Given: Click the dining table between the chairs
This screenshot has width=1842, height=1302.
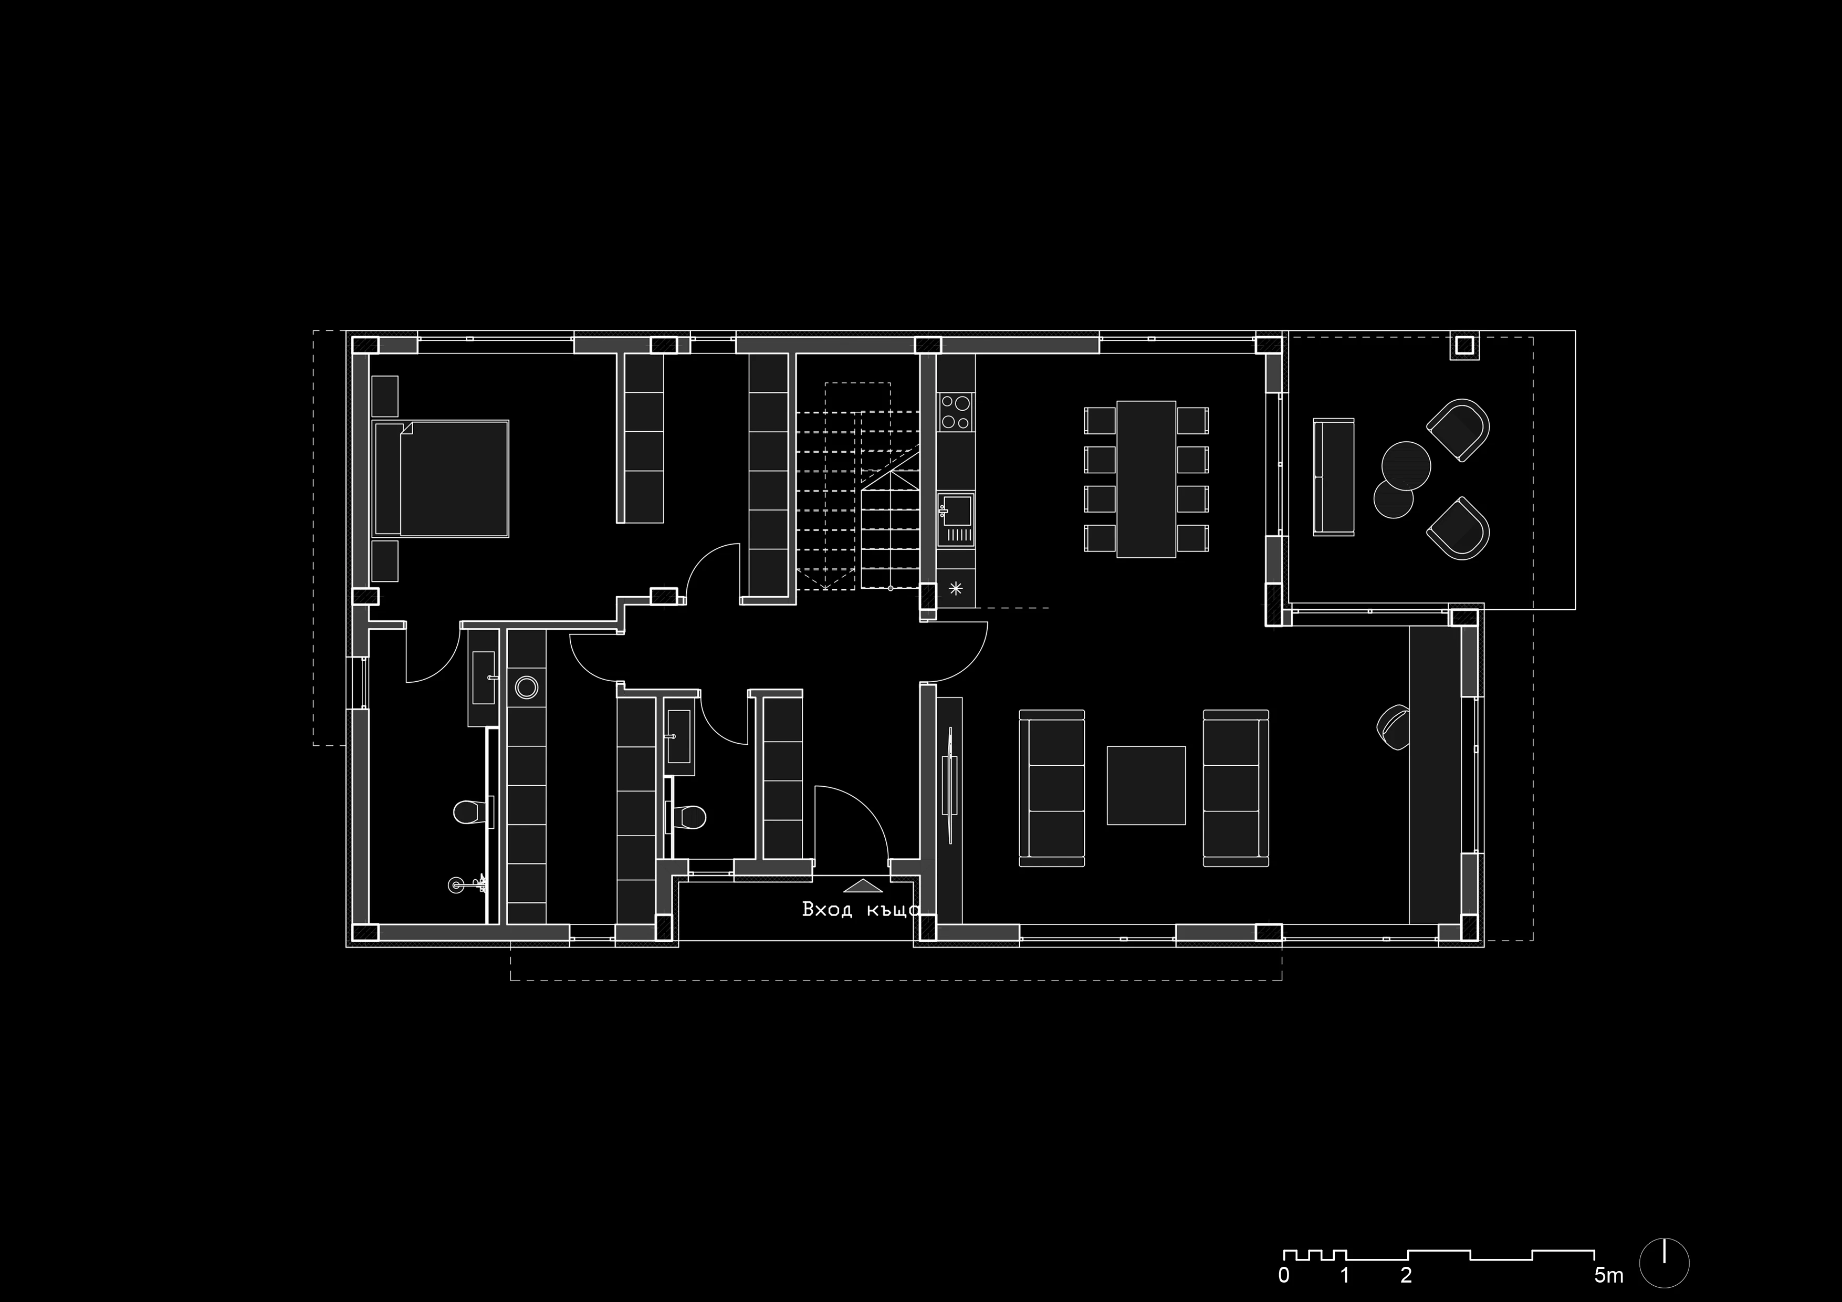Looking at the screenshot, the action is click(1146, 479).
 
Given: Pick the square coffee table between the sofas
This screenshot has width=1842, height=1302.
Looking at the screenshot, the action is click(1146, 785).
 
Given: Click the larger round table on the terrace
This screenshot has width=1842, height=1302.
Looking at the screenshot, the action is click(1406, 464).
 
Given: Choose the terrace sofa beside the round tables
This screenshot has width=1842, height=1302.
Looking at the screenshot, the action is click(1333, 476).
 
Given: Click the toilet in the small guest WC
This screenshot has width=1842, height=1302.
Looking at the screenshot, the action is click(687, 817).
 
